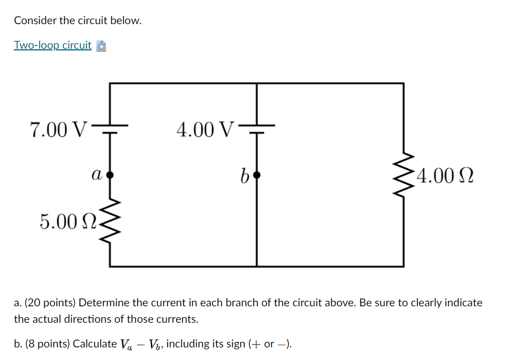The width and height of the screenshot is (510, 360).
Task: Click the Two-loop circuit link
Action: [x=53, y=45]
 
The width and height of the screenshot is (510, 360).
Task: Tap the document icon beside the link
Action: [x=101, y=46]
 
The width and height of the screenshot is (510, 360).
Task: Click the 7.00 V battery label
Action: [x=59, y=129]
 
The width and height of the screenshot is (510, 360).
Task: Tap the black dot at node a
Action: [x=110, y=175]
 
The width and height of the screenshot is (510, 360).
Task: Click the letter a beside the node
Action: [x=96, y=175]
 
